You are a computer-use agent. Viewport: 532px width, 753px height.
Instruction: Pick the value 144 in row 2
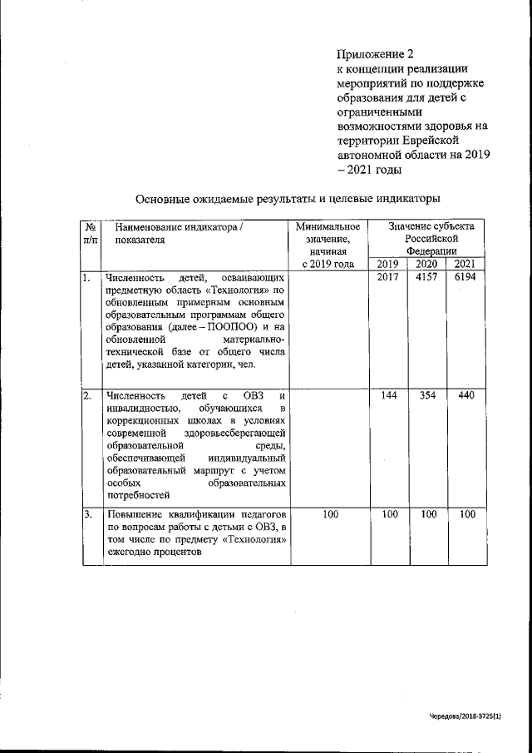[388, 395]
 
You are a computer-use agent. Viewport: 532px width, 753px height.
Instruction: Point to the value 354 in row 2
[428, 395]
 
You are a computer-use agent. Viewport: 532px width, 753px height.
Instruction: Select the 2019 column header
[388, 264]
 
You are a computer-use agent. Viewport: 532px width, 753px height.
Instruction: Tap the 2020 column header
[428, 264]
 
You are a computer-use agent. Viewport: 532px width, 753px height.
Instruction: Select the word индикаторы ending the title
[404, 199]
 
